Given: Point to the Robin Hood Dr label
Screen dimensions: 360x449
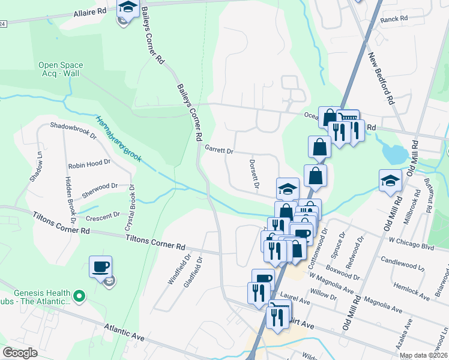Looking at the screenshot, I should point(89,163).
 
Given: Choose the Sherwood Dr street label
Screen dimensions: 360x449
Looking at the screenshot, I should point(100,187).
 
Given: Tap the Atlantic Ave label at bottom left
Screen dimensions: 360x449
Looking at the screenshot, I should point(124,333).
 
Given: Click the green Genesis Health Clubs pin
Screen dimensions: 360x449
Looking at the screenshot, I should point(79,296).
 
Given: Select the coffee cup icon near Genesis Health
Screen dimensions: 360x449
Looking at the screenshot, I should point(100,266).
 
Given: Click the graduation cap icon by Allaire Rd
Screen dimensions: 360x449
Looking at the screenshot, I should point(128,8).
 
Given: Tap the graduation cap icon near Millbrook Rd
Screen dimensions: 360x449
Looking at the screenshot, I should point(390,180).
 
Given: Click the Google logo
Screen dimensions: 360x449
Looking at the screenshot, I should point(20,353).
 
